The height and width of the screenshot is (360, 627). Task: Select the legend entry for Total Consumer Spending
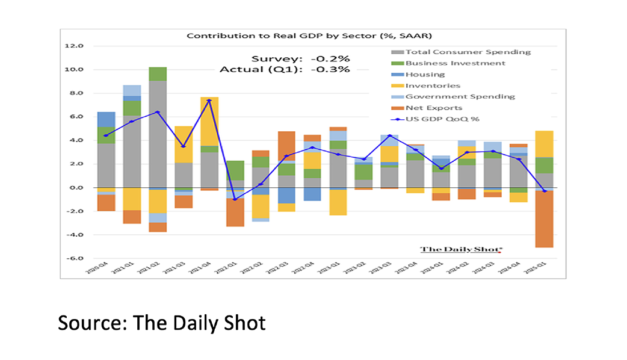click(x=468, y=52)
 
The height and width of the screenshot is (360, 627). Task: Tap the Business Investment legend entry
click(x=455, y=63)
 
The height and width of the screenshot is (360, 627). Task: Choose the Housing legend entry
click(x=425, y=75)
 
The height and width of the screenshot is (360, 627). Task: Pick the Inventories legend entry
click(x=433, y=85)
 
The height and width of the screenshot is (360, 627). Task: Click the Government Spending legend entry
click(x=460, y=96)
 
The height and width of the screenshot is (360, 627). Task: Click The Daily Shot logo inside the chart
click(x=461, y=249)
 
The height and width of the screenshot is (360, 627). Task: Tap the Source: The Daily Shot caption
click(x=161, y=323)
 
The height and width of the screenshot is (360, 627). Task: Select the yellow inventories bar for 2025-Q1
click(x=544, y=144)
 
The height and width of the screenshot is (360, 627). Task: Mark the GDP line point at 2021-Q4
click(x=209, y=100)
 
